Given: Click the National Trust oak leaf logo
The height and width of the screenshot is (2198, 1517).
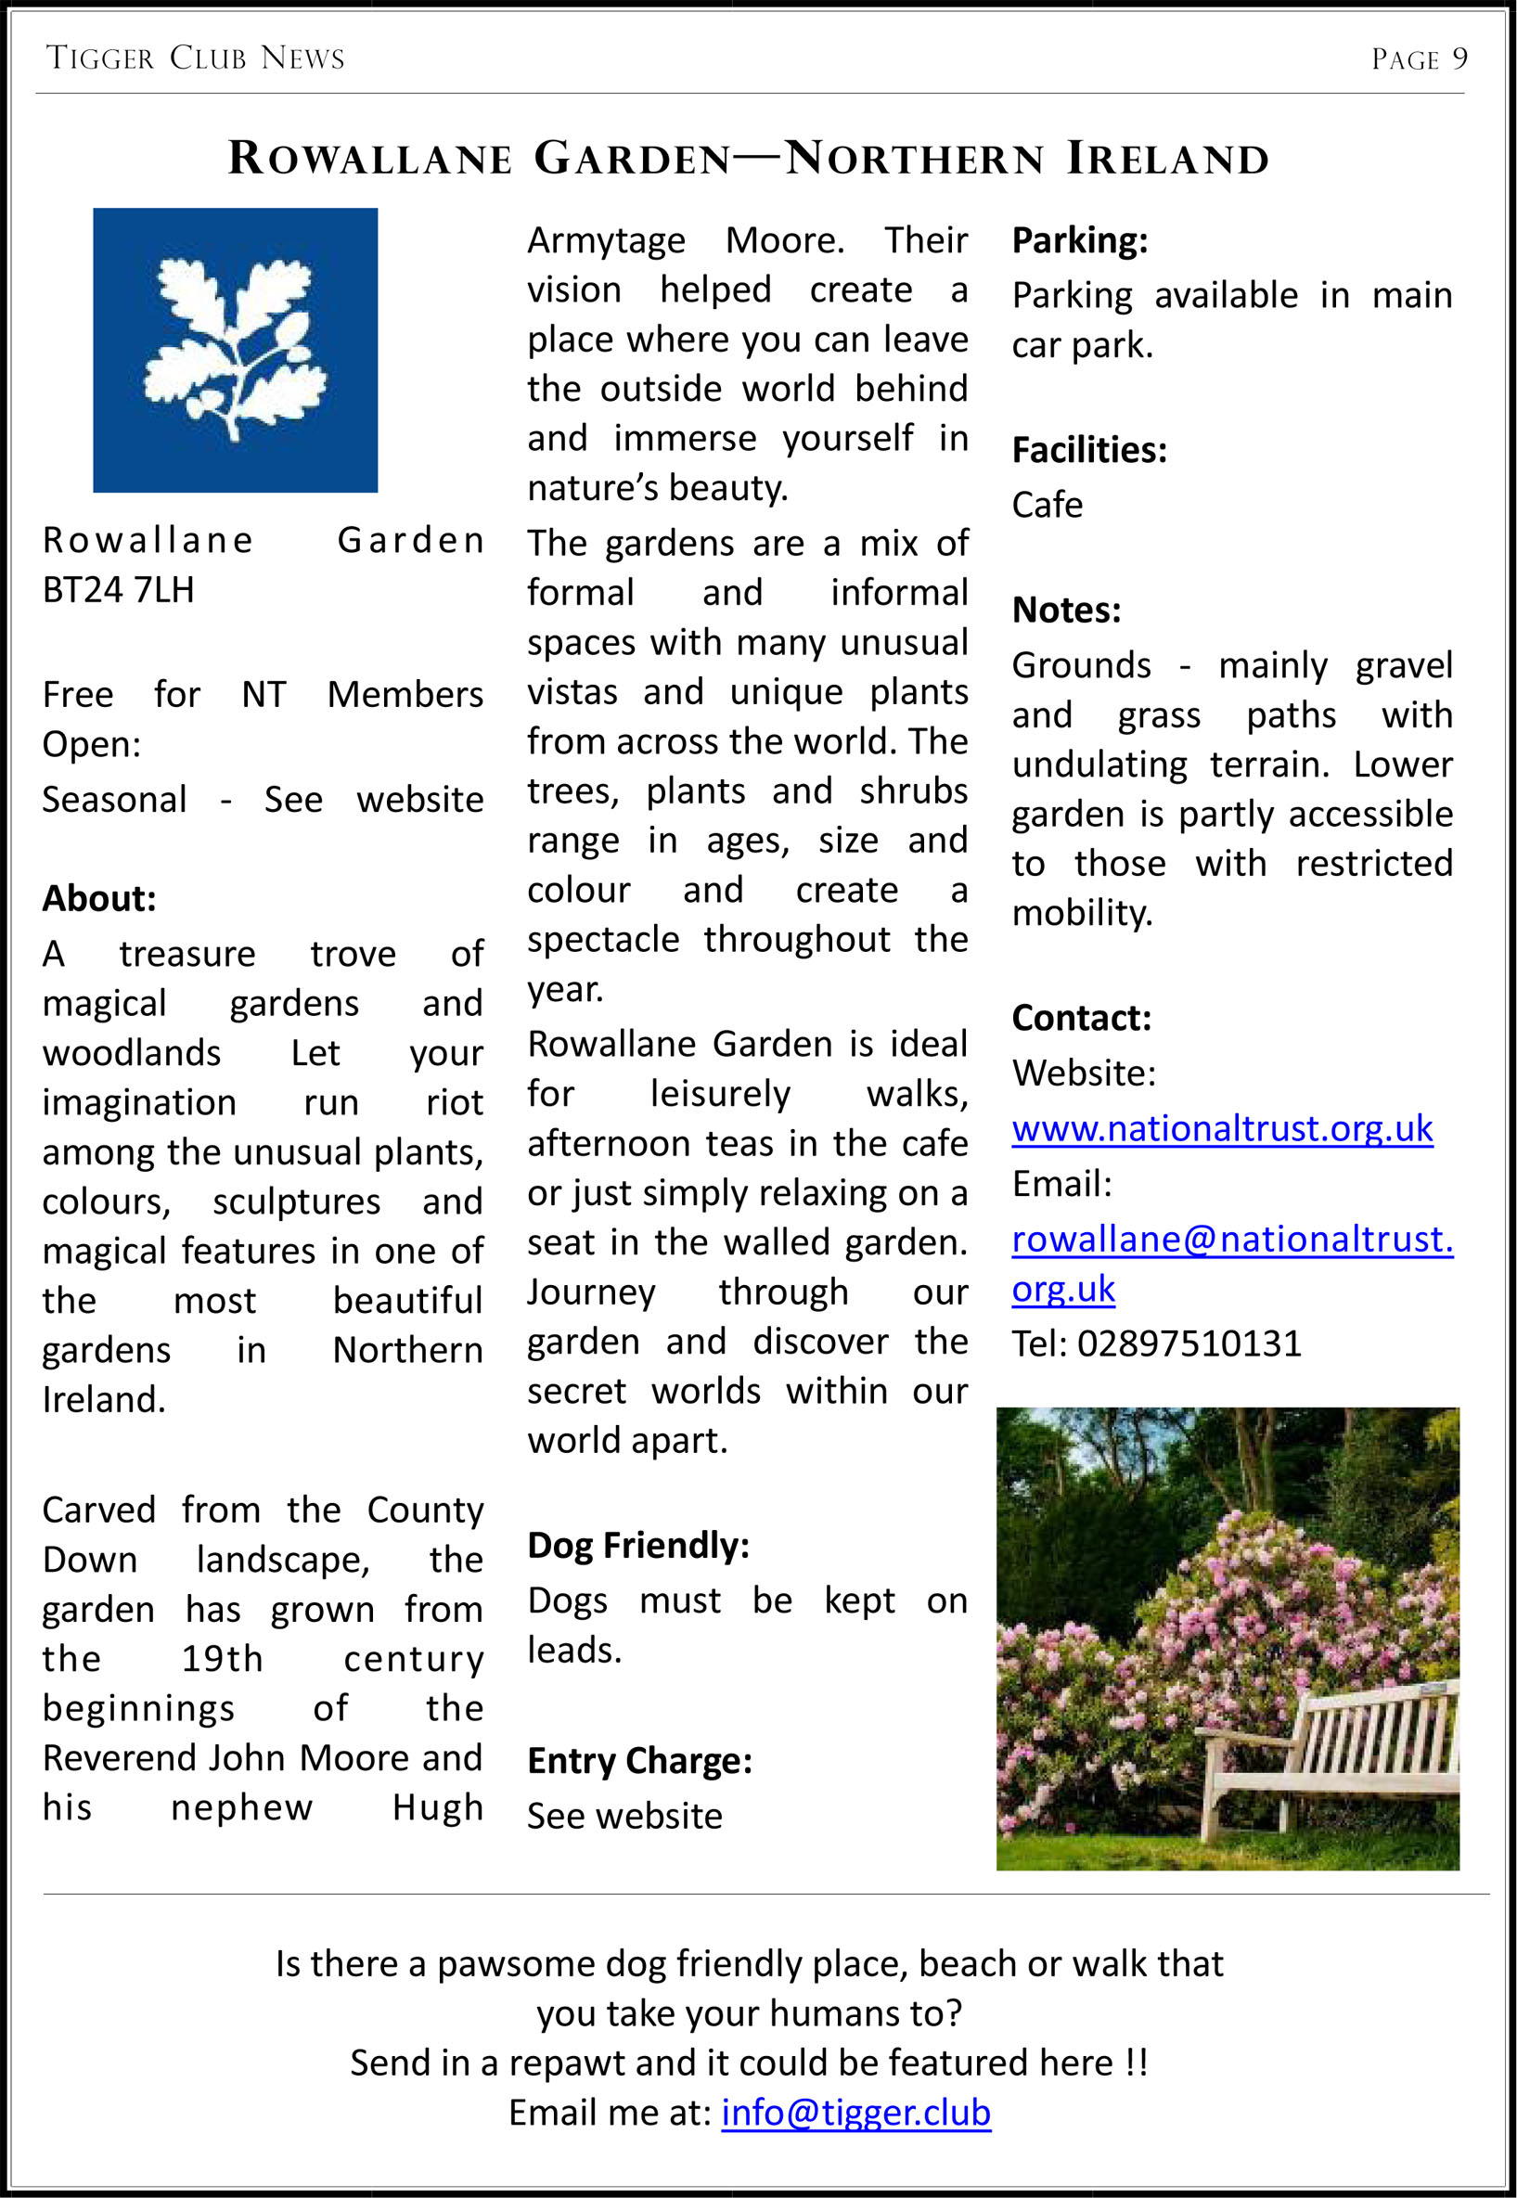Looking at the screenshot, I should [235, 350].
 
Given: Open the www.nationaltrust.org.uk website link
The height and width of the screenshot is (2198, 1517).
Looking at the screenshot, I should [1221, 1128].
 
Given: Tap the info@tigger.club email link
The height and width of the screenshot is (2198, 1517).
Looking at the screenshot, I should [855, 2112].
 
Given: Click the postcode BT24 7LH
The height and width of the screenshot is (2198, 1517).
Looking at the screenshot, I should [118, 590].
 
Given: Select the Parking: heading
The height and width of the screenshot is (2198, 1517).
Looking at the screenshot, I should [1080, 240].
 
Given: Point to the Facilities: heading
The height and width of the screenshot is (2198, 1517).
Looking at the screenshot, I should [1088, 449].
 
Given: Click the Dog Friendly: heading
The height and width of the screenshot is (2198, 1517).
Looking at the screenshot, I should [637, 1545].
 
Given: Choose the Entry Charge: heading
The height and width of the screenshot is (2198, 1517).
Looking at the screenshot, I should [639, 1761].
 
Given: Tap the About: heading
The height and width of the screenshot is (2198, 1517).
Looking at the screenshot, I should [99, 898].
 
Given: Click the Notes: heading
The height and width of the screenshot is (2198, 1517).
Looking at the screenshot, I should [1066, 611].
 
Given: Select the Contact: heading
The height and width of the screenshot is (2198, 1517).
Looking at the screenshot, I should [1082, 1018].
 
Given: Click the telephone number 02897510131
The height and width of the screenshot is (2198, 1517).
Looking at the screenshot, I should [1189, 1343].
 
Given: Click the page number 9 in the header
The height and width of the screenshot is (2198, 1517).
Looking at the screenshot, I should [1459, 59].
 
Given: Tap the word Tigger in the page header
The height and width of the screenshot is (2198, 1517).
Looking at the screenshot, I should [100, 59].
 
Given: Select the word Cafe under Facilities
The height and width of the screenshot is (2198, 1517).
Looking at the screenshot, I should [1047, 505].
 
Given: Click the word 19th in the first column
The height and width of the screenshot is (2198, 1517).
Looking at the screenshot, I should [222, 1659].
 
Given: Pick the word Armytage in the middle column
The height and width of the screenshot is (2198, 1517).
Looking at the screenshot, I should [606, 240].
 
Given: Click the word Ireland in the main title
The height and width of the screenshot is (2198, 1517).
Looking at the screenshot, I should [1167, 159].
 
